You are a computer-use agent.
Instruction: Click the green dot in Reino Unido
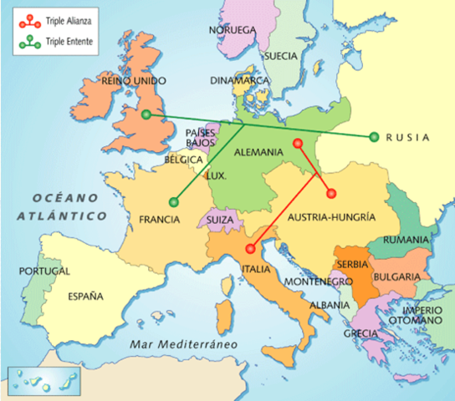tap(146, 114)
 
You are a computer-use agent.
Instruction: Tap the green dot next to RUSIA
tap(374, 137)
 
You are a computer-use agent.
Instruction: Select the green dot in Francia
tap(173, 200)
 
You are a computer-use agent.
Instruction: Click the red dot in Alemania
tap(298, 144)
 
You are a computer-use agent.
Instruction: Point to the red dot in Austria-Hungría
tap(330, 193)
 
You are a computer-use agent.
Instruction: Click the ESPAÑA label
tap(84, 296)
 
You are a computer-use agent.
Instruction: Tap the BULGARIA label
tap(396, 276)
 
